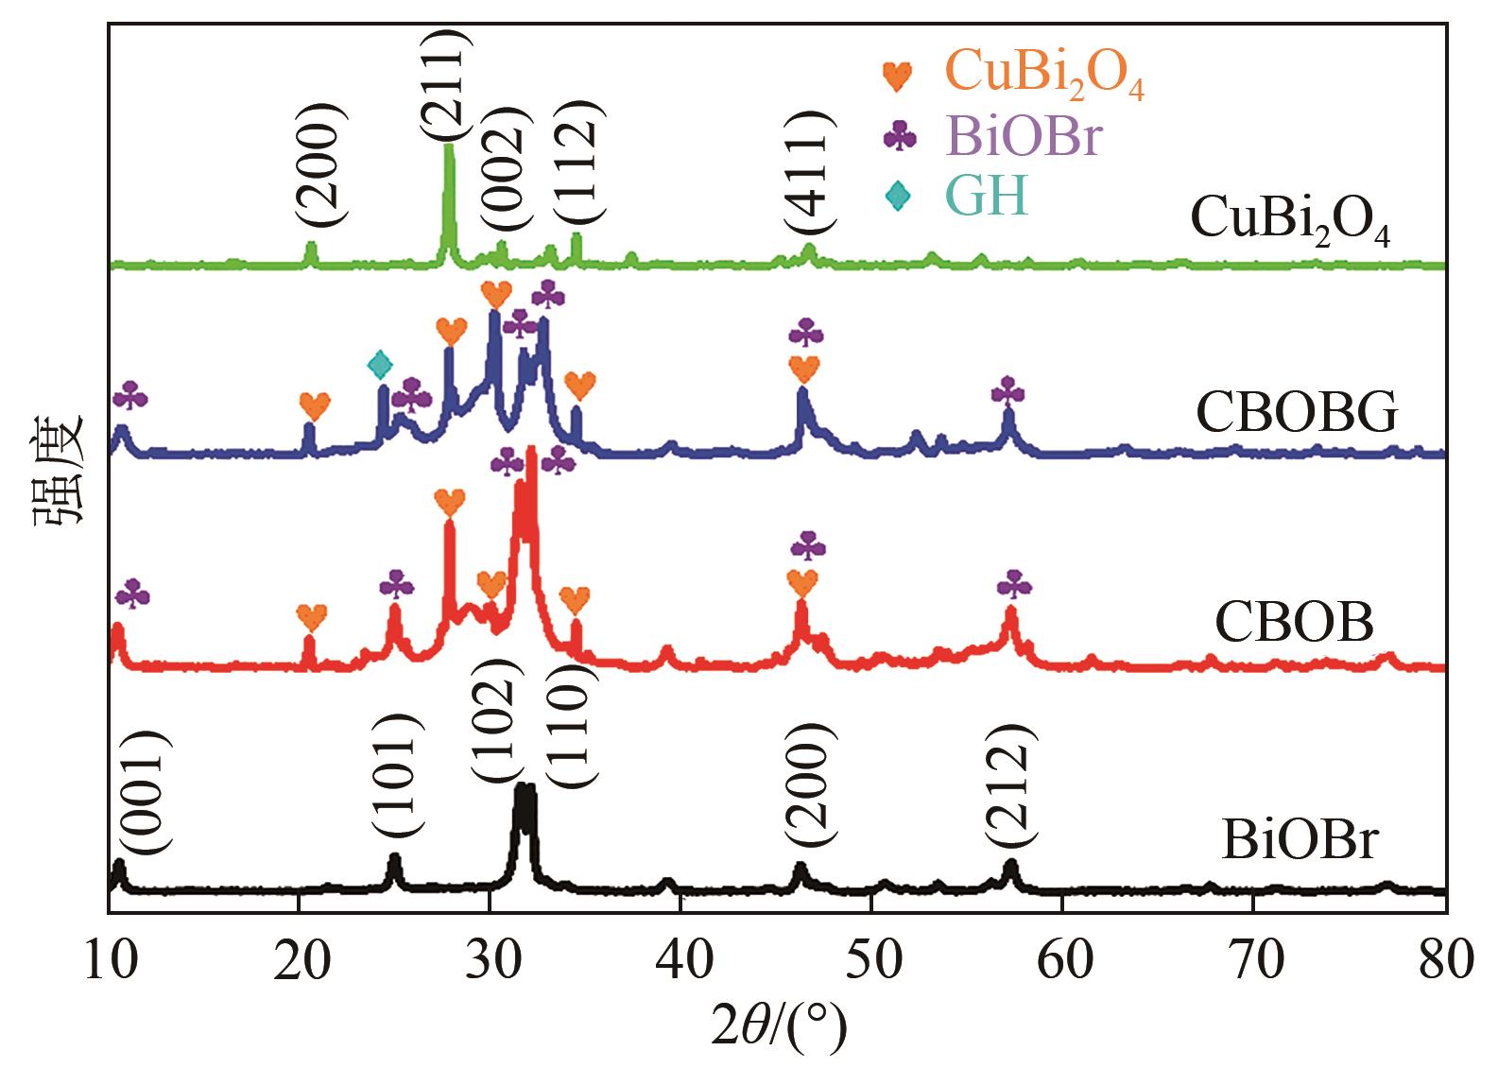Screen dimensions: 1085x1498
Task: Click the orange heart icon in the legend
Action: (897, 76)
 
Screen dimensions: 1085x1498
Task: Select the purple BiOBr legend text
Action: (1023, 137)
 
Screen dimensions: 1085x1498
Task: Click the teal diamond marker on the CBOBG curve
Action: (379, 363)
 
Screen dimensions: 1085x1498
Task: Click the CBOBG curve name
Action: (1296, 413)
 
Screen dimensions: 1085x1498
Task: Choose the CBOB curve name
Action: (1293, 623)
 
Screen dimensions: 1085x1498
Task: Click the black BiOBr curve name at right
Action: (1300, 840)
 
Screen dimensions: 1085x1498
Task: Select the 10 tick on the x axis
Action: (110, 961)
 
